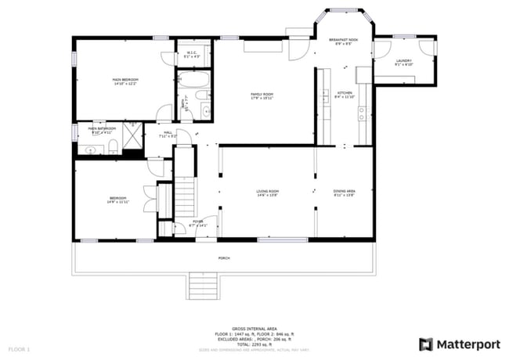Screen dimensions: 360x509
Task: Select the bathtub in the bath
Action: coord(192,81)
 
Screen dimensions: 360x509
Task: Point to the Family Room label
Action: coord(262,95)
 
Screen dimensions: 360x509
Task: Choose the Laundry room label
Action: coord(403,62)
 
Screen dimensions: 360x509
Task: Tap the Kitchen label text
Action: coord(344,95)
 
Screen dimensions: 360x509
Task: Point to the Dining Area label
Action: coord(345,193)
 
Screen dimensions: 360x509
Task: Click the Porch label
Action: coord(224,257)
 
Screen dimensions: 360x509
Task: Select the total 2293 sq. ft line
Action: coord(254,343)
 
